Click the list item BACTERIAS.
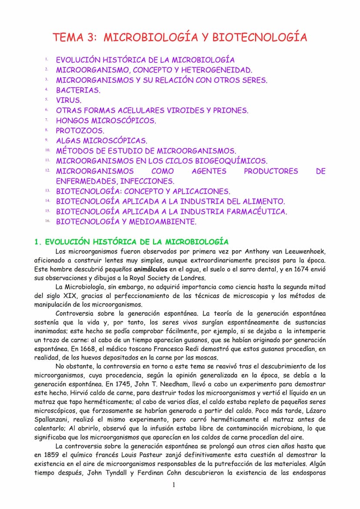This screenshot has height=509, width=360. pos(78,90)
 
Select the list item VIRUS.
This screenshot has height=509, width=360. pos(69,100)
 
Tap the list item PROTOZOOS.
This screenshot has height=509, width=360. pos(80,130)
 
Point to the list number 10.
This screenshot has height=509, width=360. pos(47,150)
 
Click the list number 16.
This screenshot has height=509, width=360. pos(47,221)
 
